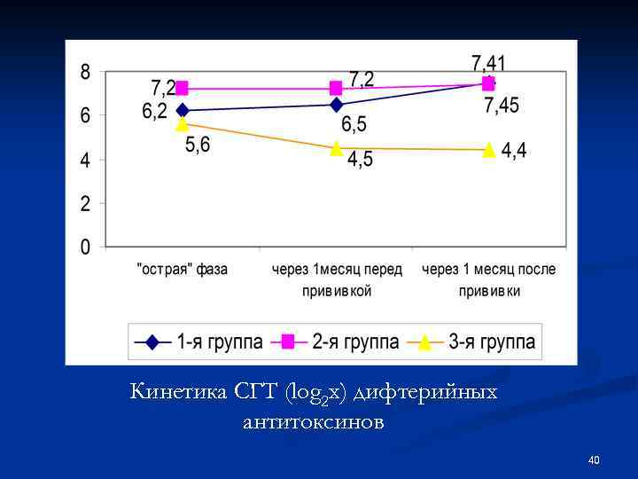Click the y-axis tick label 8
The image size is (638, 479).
pyautogui.click(x=86, y=72)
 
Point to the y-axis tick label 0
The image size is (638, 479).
pyautogui.click(x=86, y=247)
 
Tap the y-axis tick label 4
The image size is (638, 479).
pyautogui.click(x=86, y=160)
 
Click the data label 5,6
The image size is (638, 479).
pyautogui.click(x=198, y=145)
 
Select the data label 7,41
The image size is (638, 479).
pyautogui.click(x=488, y=62)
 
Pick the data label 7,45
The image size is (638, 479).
pyautogui.click(x=502, y=106)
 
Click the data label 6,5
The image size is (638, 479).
pyautogui.click(x=354, y=125)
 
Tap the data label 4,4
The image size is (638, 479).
pyautogui.click(x=514, y=151)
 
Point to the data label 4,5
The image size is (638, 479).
pyautogui.click(x=360, y=160)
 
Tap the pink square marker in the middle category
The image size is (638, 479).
pyautogui.click(x=336, y=88)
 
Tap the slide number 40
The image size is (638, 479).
pyautogui.click(x=594, y=459)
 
